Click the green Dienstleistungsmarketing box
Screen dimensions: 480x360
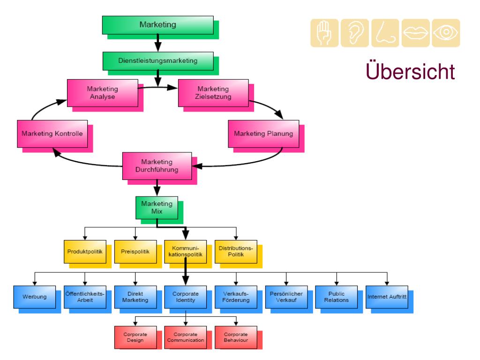158,61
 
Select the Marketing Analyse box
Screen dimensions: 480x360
103,93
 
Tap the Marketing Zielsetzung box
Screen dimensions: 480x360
213,93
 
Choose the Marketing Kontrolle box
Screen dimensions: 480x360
52,134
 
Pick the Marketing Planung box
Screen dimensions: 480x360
263,134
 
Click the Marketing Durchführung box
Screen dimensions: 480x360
157,166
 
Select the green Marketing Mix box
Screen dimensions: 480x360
157,208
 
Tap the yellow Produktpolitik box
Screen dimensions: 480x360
85,252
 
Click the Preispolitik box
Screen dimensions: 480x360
135,252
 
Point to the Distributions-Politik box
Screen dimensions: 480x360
236,252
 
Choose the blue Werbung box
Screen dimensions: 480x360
35,297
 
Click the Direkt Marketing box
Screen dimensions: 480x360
135,297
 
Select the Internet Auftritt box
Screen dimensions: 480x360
387,297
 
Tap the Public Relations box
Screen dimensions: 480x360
337,297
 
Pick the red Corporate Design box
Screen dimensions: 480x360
135,337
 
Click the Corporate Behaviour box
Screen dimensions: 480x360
236,337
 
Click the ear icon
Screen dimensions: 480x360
355,33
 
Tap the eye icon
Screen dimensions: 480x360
446,33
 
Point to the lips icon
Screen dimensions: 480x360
416,33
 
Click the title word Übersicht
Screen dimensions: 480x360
410,71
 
